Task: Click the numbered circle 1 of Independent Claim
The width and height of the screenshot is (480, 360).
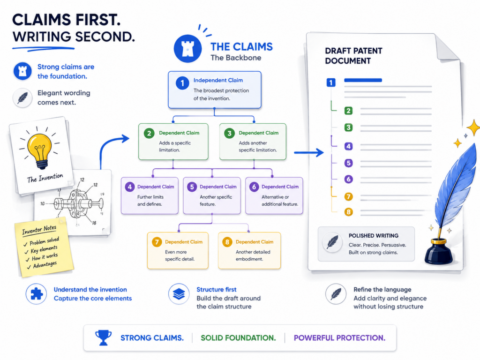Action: click(182, 83)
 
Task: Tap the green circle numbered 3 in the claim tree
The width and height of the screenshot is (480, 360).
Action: click(229, 133)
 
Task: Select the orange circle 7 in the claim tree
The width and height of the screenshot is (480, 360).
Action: click(157, 242)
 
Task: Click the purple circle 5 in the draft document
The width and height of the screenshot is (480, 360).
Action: click(348, 163)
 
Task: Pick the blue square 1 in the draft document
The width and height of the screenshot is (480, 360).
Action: click(331, 82)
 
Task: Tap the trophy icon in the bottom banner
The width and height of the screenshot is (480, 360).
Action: click(103, 337)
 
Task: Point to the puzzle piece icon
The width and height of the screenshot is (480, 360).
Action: click(37, 294)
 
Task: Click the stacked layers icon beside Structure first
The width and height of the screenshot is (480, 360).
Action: click(179, 294)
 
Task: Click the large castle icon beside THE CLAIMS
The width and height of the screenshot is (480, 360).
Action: click(187, 48)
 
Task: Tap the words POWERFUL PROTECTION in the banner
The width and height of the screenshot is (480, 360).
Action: click(339, 337)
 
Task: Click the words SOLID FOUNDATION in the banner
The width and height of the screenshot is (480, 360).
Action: click(238, 337)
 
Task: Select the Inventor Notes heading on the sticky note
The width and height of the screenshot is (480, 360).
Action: click(39, 230)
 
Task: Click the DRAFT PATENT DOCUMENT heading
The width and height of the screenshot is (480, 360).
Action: click(353, 56)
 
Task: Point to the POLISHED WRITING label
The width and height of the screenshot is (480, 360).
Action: click(374, 235)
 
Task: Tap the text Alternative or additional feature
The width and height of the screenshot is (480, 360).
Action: click(280, 201)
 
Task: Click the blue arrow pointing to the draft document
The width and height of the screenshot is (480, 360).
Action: click(309, 152)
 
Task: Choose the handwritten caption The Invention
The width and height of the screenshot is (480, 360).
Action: click(45, 178)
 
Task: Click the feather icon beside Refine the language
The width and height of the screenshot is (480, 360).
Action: click(336, 294)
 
